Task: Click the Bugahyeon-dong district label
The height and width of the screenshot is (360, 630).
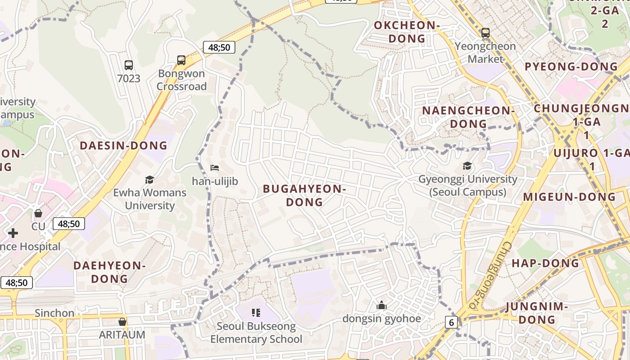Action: pos(305,195)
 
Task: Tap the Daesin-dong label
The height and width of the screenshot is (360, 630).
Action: pos(123,145)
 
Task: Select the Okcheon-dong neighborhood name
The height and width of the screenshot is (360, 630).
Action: pos(406,31)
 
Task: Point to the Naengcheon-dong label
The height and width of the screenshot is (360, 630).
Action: pos(468,117)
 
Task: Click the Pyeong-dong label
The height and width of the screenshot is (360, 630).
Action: pos(571,67)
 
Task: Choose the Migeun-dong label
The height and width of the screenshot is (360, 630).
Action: pos(569,197)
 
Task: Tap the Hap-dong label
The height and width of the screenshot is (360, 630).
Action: pos(545,263)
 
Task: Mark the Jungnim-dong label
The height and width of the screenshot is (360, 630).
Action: pos(537,313)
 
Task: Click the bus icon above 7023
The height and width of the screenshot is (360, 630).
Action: pos(129,65)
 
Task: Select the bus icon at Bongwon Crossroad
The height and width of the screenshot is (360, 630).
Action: pos(181,60)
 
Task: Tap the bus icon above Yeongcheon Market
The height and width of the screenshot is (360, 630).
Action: pos(485,33)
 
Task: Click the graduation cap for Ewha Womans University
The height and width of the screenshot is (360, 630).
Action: pos(149,180)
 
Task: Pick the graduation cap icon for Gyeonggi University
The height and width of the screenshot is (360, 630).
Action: pos(468,166)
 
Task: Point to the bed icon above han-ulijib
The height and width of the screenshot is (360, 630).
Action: pos(215,168)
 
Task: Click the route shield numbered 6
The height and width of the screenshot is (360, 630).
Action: pos(451,322)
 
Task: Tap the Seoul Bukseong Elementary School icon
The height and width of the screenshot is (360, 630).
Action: pos(256,313)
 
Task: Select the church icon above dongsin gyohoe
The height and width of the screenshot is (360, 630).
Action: pos(382,306)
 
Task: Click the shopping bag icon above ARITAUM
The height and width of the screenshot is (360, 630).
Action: pos(122,322)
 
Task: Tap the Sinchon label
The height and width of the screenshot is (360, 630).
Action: pos(54,313)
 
